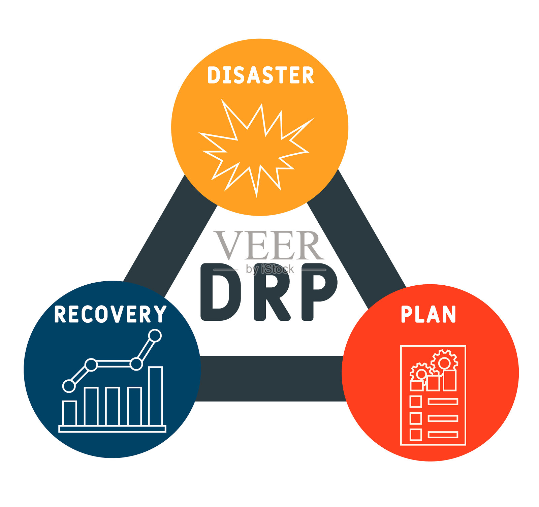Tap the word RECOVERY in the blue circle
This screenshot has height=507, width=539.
pyautogui.click(x=110, y=314)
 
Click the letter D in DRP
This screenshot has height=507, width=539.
pyautogui.click(x=221, y=292)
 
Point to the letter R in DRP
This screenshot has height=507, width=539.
pyautogui.click(x=272, y=292)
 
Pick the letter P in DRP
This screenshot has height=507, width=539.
pyautogui.click(x=319, y=292)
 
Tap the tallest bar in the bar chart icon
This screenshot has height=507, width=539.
pyautogui.click(x=156, y=396)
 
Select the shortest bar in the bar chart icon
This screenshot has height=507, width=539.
pyautogui.click(x=70, y=413)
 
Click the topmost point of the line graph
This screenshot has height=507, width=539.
pyautogui.click(x=155, y=336)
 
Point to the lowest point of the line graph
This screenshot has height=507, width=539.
pyautogui.click(x=69, y=386)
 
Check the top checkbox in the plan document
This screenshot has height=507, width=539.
pyautogui.click(x=416, y=402)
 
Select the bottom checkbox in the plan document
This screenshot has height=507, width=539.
pyautogui.click(x=416, y=435)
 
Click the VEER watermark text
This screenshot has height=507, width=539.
pyautogui.click(x=268, y=245)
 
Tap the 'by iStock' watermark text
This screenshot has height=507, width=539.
pyautogui.click(x=270, y=269)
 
